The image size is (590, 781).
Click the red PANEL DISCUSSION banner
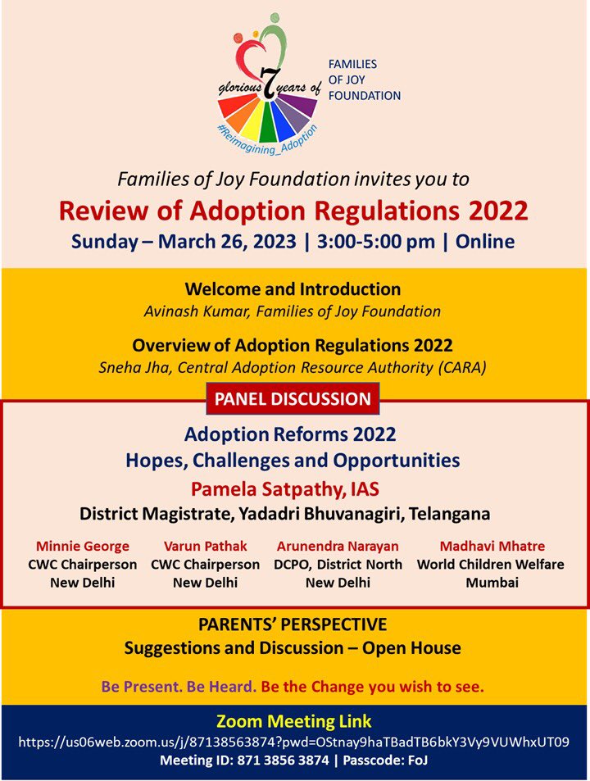[293, 399]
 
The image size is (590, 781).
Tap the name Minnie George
[70, 546]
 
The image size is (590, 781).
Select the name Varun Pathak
[205, 546]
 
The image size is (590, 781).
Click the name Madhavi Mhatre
[492, 546]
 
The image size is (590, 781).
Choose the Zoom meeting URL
[294, 742]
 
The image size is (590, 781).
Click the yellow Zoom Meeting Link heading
[294, 722]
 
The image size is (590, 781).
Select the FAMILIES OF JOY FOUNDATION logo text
[364, 79]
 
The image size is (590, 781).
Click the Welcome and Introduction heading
[293, 289]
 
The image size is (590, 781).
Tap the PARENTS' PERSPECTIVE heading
[293, 625]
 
